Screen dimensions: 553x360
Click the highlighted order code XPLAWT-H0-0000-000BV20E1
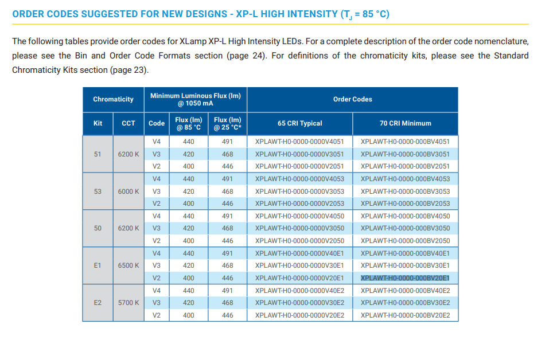[405, 278]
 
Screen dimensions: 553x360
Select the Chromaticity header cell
[113, 99]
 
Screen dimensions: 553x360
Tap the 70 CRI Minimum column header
[405, 123]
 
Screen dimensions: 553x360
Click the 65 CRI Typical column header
[300, 123]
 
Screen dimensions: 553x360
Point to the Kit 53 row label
[98, 191]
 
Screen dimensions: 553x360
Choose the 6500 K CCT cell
[128, 265]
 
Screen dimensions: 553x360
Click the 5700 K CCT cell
[128, 303]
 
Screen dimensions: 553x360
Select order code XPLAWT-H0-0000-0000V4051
[299, 142]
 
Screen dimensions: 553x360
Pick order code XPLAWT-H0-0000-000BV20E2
[405, 315]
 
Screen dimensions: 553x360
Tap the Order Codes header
[353, 99]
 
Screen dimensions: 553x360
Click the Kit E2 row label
[98, 303]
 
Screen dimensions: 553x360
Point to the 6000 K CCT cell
[128, 191]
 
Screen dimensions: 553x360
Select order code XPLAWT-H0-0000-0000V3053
[299, 191]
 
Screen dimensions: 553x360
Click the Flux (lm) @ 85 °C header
[189, 123]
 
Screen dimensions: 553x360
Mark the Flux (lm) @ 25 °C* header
[228, 123]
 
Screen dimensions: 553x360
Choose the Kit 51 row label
[98, 154]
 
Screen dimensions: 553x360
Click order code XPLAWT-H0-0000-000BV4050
[405, 216]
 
